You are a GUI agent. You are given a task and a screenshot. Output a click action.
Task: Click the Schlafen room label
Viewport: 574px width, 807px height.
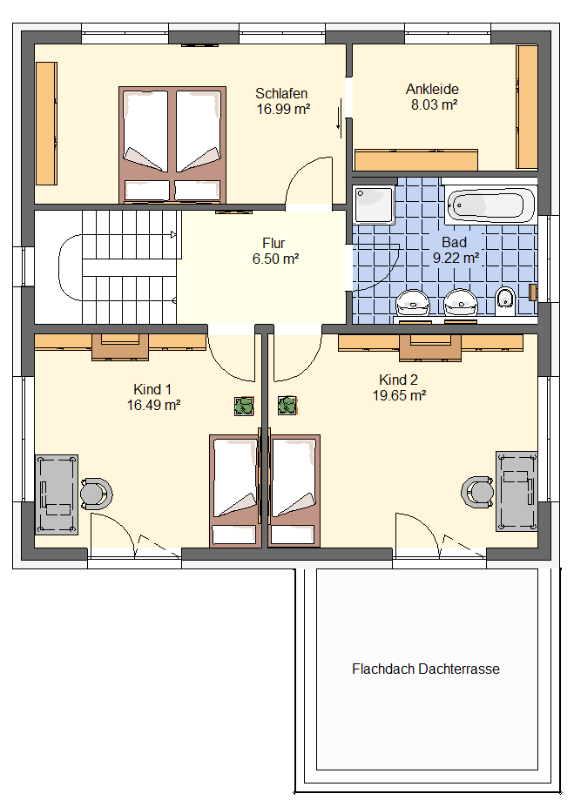click(x=281, y=94)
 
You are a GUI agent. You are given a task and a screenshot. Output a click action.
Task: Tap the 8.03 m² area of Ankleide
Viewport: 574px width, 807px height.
click(x=434, y=105)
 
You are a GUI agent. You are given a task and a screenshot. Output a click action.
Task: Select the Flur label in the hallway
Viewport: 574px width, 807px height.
click(x=273, y=243)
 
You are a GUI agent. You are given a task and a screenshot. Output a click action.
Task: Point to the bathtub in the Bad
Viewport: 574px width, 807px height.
click(x=490, y=205)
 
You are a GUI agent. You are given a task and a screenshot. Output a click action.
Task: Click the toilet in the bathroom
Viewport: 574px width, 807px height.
click(x=505, y=301)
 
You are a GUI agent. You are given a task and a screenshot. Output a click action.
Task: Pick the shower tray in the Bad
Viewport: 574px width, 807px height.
click(x=375, y=205)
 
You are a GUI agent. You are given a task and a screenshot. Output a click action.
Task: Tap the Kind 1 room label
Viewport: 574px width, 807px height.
click(x=152, y=390)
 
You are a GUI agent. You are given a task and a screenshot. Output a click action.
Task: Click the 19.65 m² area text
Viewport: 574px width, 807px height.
click(x=399, y=396)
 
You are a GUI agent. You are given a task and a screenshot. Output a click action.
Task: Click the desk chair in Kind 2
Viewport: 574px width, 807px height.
click(x=477, y=492)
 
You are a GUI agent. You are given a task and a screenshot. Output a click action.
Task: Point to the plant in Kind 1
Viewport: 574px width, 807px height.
click(x=244, y=406)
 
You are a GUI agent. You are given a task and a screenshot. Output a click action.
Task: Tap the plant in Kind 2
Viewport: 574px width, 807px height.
click(x=287, y=406)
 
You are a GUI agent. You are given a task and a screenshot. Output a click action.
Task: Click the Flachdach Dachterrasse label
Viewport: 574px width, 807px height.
click(x=426, y=669)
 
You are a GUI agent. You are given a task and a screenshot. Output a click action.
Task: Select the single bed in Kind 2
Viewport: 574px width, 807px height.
click(x=294, y=491)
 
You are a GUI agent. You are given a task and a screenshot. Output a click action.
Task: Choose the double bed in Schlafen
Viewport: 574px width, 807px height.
click(x=172, y=145)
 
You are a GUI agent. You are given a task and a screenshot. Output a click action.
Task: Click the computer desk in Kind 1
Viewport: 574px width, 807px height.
click(x=57, y=494)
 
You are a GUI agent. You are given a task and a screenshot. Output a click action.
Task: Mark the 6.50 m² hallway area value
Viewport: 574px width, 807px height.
click(x=275, y=259)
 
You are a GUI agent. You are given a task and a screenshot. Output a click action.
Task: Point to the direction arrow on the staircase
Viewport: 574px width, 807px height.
click(x=174, y=235)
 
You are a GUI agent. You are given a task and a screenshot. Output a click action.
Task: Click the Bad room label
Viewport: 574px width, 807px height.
click(x=454, y=242)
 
